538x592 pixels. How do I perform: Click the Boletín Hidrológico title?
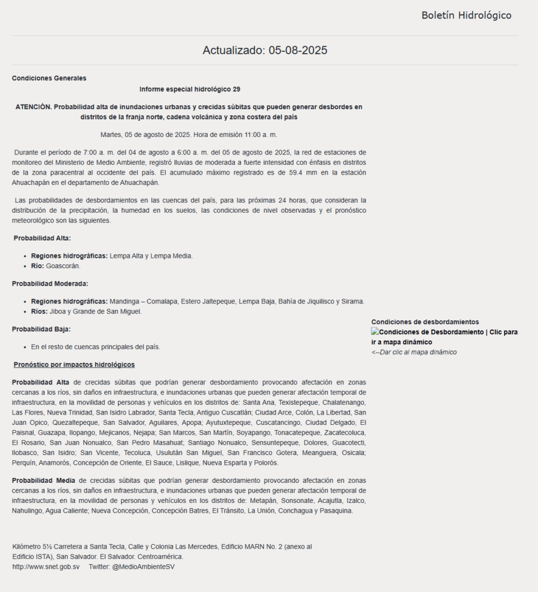(466, 16)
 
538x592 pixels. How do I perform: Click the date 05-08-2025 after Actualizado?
(298, 50)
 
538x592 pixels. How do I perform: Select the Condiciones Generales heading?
(49, 78)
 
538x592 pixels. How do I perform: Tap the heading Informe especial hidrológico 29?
(190, 89)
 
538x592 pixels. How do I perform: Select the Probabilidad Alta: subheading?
(42, 238)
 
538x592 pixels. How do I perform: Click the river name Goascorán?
(64, 266)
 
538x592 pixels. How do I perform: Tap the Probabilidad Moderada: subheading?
(50, 283)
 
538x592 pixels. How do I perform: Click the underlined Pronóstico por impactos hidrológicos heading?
(74, 365)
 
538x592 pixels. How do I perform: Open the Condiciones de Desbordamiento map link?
(444, 337)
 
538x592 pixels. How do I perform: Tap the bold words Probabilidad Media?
(43, 480)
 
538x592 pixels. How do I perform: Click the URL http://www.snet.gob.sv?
(46, 567)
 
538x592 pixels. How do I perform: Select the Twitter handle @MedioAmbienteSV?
(143, 567)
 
